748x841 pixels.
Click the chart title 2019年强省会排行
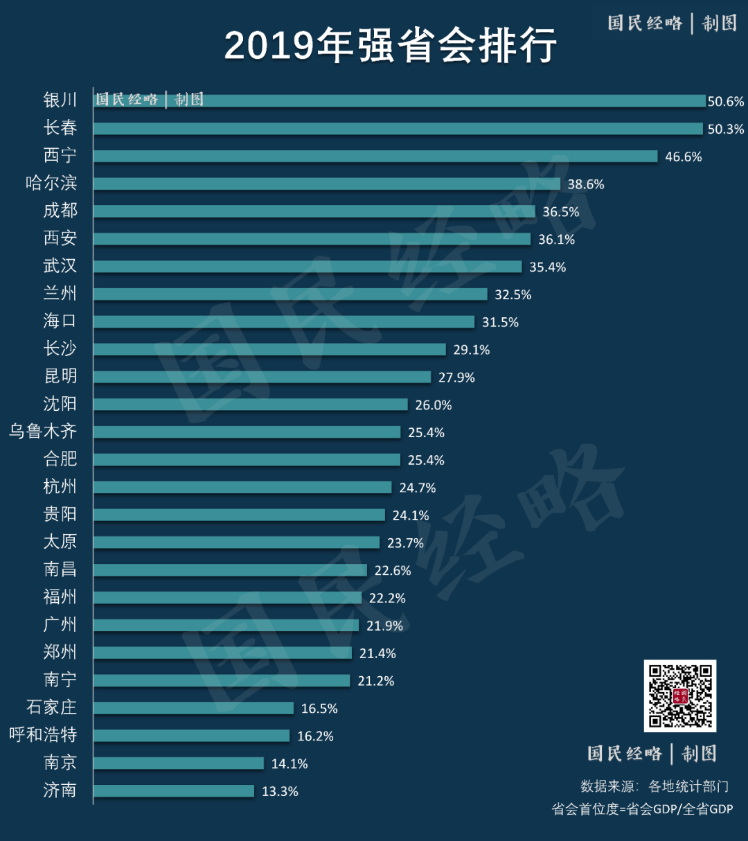point(390,46)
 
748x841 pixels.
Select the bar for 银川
point(400,100)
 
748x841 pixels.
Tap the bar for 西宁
point(375,157)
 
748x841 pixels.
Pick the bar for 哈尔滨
point(327,184)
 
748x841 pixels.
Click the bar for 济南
point(174,790)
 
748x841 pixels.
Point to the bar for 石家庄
point(194,708)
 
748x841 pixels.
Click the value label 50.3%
point(725,129)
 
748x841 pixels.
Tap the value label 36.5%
point(560,212)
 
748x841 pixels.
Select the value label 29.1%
point(471,350)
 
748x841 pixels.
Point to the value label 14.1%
point(289,763)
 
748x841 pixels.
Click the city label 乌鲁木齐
point(43,432)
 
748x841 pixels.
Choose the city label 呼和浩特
point(43,735)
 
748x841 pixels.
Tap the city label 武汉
point(60,266)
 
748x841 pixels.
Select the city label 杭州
point(60,486)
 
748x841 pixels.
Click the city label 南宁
point(60,680)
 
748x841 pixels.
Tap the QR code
point(679,696)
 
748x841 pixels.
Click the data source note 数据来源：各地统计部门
point(654,786)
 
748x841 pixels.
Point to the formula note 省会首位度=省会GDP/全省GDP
point(642,809)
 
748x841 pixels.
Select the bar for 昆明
point(262,377)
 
